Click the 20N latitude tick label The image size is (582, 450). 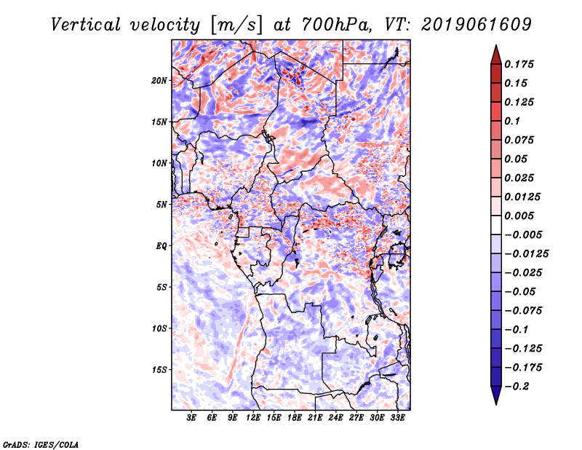[x=159, y=81]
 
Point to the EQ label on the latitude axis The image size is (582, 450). [x=161, y=246]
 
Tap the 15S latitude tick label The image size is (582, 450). [x=159, y=370]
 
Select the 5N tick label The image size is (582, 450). [x=162, y=205]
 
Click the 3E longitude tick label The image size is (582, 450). [x=191, y=418]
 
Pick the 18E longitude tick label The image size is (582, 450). [x=295, y=418]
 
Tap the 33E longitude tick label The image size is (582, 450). [x=397, y=418]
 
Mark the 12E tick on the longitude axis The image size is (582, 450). [x=253, y=418]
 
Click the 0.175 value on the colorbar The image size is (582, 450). [x=519, y=64]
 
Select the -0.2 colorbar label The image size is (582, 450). [x=517, y=387]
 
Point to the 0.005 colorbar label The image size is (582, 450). [x=519, y=216]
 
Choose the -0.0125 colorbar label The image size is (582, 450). [x=526, y=254]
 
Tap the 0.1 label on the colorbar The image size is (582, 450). [x=512, y=121]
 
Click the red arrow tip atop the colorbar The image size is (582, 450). [x=496, y=46]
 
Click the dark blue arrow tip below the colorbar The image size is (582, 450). [x=496, y=404]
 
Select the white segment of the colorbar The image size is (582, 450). [x=496, y=225]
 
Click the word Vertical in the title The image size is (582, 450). [x=85, y=25]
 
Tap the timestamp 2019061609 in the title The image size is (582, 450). [x=477, y=25]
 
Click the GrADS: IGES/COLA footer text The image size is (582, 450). [x=40, y=445]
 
